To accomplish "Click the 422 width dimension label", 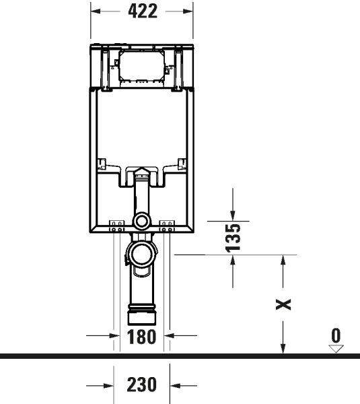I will [x=142, y=11].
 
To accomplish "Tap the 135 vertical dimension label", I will [x=232, y=238].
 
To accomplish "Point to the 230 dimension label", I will [x=142, y=385].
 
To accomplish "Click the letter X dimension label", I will [x=285, y=304].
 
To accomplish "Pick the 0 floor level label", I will [x=336, y=335].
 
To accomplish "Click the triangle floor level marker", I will [x=336, y=348].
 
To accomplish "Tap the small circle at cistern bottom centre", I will [x=142, y=221].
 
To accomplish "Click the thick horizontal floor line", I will [x=180, y=355].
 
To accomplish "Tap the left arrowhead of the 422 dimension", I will [x=95, y=11].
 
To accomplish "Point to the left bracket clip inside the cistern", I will [x=102, y=163].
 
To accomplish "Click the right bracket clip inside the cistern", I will [x=182, y=163].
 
